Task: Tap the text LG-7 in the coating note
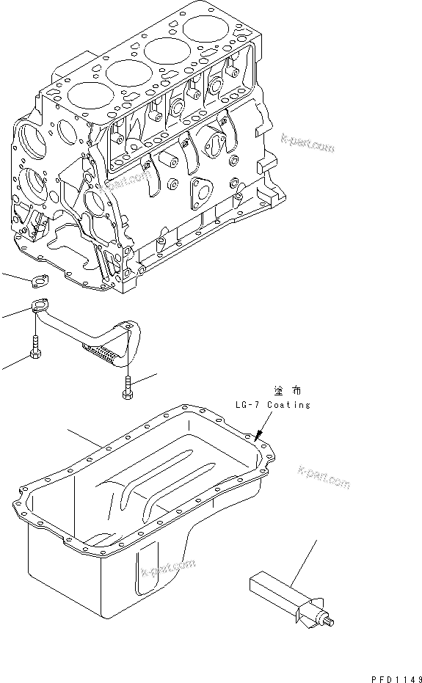click(x=247, y=405)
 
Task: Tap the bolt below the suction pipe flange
click(x=34, y=347)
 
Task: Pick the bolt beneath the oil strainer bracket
click(x=127, y=389)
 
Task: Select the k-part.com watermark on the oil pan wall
click(x=167, y=567)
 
